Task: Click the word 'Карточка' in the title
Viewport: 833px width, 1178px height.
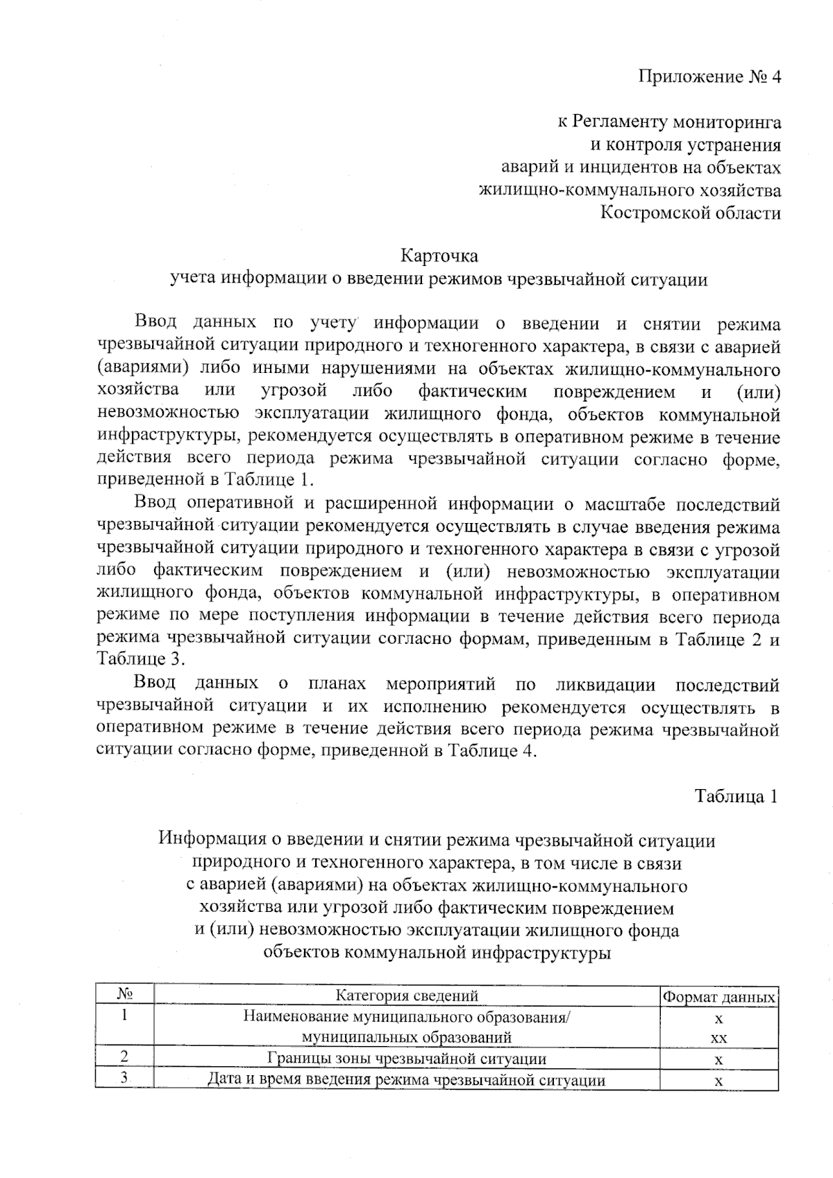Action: pyautogui.click(x=439, y=256)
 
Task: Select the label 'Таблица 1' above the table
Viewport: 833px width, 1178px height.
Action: pyautogui.click(x=736, y=796)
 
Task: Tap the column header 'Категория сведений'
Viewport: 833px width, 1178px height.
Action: pyautogui.click(x=407, y=996)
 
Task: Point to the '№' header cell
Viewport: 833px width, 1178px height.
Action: pyautogui.click(x=125, y=995)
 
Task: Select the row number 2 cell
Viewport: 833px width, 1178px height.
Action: pyautogui.click(x=125, y=1057)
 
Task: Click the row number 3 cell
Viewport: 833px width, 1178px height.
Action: pyautogui.click(x=125, y=1078)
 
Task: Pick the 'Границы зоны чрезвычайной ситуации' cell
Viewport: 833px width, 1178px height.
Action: pyautogui.click(x=407, y=1059)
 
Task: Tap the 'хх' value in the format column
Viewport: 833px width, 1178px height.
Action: pyautogui.click(x=718, y=1038)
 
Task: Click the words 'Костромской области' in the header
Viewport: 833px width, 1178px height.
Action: pyautogui.click(x=690, y=213)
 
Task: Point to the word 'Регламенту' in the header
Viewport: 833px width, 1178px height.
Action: pyautogui.click(x=620, y=123)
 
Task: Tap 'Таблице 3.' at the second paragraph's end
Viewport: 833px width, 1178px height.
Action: pyautogui.click(x=142, y=659)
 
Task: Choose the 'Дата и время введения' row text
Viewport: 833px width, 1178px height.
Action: pyautogui.click(x=407, y=1080)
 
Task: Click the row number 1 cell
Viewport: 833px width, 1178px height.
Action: pyautogui.click(x=125, y=1017)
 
